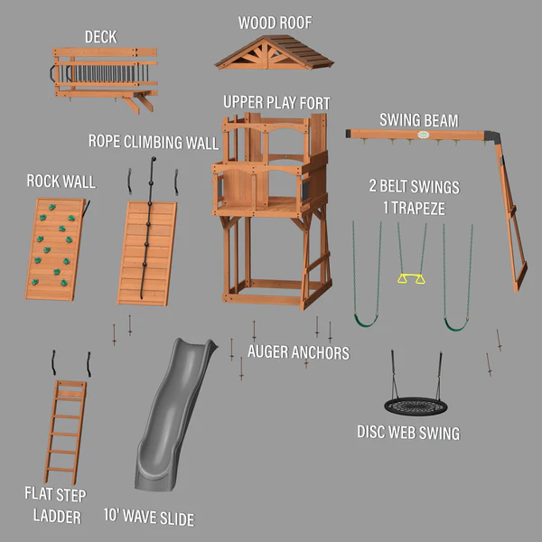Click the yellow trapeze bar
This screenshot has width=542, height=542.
tap(411, 278)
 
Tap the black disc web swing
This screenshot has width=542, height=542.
tap(415, 405)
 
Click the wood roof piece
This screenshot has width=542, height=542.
tap(274, 54)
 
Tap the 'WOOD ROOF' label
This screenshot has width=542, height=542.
tap(274, 22)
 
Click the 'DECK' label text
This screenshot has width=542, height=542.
tap(100, 37)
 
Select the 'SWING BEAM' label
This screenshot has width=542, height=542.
tap(418, 119)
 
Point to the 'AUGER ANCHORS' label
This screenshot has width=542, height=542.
tap(298, 352)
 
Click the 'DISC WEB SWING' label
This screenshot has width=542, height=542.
tap(407, 434)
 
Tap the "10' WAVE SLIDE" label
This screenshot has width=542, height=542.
tap(148, 519)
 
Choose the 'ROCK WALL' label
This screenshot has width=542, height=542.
tap(61, 182)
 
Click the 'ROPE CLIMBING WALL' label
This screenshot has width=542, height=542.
tap(153, 142)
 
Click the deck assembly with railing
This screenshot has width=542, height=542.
tap(104, 74)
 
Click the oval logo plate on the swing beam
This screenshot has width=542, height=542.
tap(423, 135)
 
